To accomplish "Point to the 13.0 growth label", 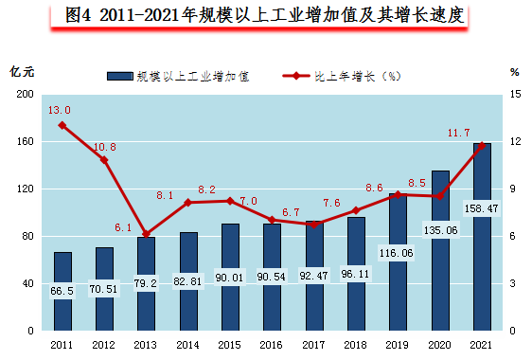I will (60, 110).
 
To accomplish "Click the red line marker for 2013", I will (146, 234).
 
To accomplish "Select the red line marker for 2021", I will (482, 145).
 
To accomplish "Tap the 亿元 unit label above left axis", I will (22, 72).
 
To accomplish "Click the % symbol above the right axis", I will (515, 71).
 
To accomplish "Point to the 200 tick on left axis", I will (26, 95).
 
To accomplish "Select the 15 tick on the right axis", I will (515, 95).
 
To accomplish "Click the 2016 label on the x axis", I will (272, 345).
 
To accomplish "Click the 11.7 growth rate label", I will (459, 133).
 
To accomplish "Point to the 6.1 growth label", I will (124, 227).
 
